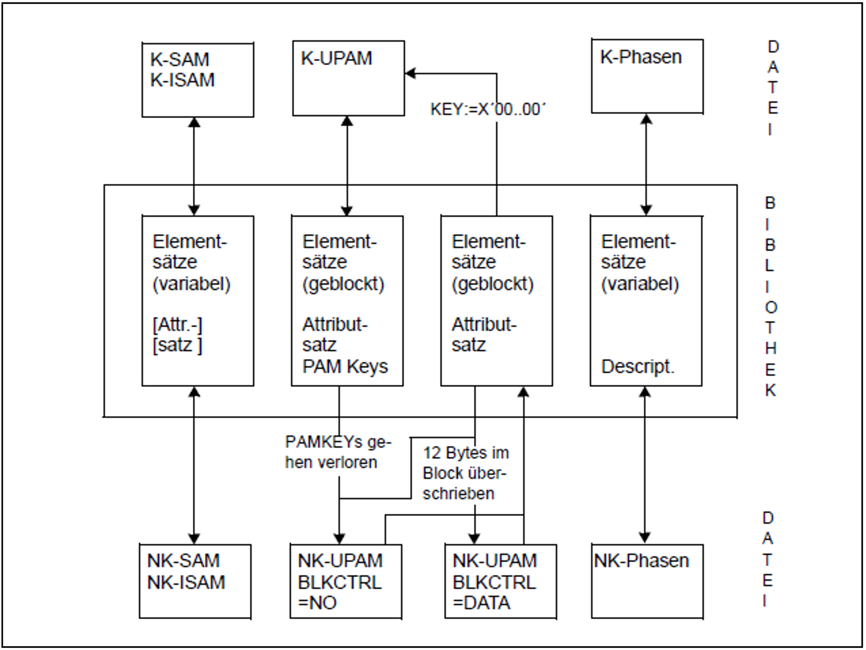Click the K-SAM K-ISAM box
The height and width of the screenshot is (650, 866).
[x=198, y=80]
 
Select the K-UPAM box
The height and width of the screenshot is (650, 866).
[x=348, y=78]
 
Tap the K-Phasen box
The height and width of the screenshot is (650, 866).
[x=647, y=76]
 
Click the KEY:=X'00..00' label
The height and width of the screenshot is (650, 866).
[x=488, y=110]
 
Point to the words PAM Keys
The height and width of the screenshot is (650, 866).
[x=345, y=366]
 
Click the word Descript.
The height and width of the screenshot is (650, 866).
[x=637, y=366]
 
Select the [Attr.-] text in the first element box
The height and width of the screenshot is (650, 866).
[x=177, y=325]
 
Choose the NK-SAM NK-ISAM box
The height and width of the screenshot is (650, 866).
[x=195, y=581]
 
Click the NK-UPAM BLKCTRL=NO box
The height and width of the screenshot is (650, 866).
[x=346, y=581]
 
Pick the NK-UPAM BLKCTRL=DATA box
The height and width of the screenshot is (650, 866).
[x=500, y=581]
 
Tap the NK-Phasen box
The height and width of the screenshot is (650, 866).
[x=647, y=581]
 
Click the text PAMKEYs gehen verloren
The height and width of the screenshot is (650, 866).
[x=337, y=452]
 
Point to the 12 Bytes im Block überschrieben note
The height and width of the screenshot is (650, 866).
[x=465, y=473]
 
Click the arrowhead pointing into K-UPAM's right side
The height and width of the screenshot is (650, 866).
[x=410, y=73]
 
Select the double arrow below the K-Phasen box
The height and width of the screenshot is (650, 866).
[x=646, y=165]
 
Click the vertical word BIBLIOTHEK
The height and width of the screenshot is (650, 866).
[x=770, y=297]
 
